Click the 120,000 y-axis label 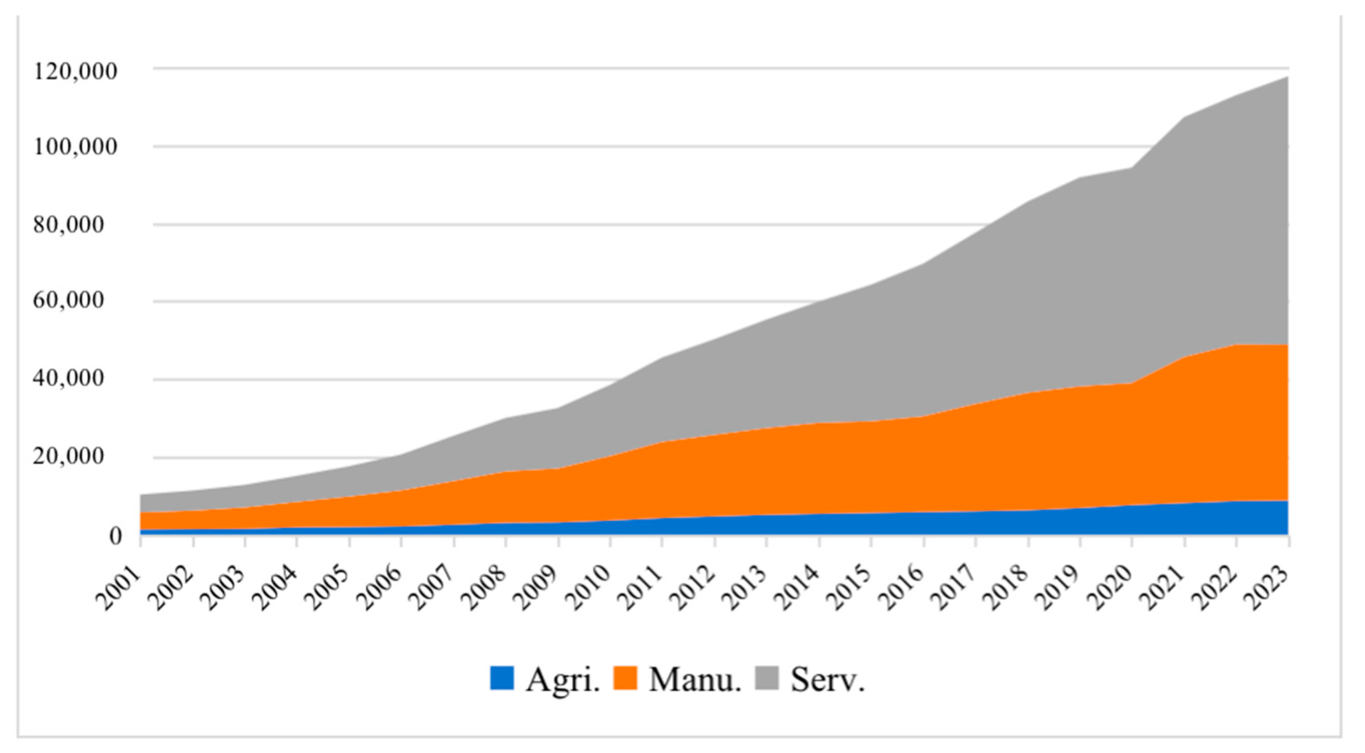pyautogui.click(x=75, y=72)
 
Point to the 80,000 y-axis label pyautogui.click(x=76, y=225)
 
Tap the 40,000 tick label pyautogui.click(x=76, y=379)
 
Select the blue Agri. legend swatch pyautogui.click(x=502, y=678)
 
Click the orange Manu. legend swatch pyautogui.click(x=625, y=678)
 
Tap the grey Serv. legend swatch pyautogui.click(x=767, y=678)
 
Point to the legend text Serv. pyautogui.click(x=828, y=679)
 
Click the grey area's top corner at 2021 pyautogui.click(x=1185, y=118)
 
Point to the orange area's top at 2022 pyautogui.click(x=1237, y=345)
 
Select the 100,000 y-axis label pyautogui.click(x=75, y=147)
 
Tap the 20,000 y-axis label pyautogui.click(x=76, y=457)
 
